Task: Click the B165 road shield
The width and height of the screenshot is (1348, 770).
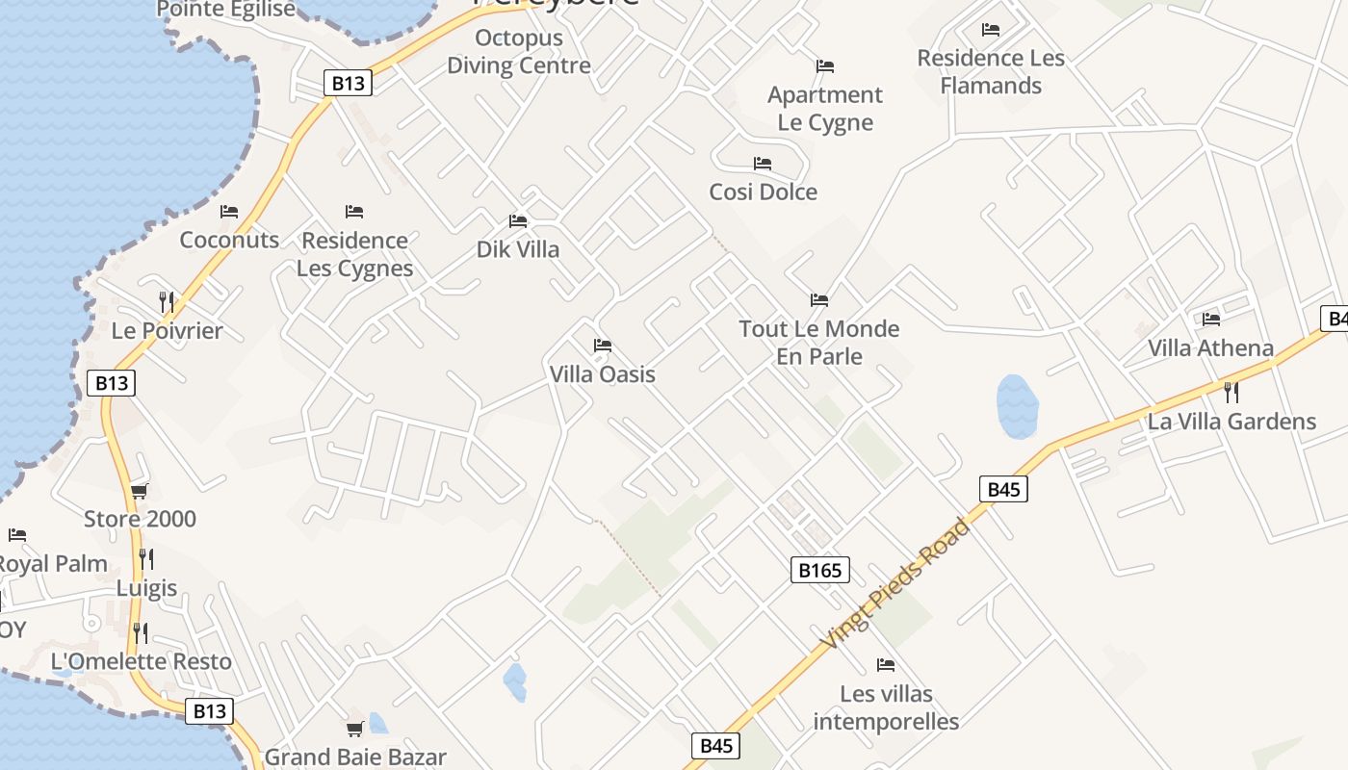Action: [820, 571]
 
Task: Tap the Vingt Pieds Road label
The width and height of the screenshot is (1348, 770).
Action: [894, 583]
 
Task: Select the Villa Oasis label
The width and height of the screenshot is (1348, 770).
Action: [602, 374]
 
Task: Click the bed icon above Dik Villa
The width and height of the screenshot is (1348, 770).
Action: [518, 221]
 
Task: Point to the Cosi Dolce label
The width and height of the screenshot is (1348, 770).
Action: [763, 192]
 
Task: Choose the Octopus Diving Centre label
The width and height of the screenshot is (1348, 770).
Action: [519, 53]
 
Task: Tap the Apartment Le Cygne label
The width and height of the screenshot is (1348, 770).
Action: [825, 109]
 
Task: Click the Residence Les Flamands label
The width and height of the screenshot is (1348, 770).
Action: [991, 72]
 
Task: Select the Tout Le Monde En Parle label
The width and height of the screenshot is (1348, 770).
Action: [819, 343]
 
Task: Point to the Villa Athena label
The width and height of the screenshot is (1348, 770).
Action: [1210, 348]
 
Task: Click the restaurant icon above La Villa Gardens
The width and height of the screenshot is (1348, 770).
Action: [1231, 392]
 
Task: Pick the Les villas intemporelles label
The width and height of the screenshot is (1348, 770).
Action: [886, 707]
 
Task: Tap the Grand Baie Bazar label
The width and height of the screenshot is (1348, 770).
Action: [355, 757]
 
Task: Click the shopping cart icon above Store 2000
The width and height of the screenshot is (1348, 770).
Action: [140, 492]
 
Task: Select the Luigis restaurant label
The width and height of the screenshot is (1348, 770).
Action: [147, 588]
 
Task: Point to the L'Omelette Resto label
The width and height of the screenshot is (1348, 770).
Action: [142, 662]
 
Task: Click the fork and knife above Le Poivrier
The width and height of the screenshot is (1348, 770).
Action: [167, 302]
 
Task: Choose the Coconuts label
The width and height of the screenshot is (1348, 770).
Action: [229, 240]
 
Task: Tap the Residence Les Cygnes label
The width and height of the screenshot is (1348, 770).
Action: [354, 254]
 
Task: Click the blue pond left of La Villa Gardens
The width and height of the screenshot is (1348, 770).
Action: [1017, 405]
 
